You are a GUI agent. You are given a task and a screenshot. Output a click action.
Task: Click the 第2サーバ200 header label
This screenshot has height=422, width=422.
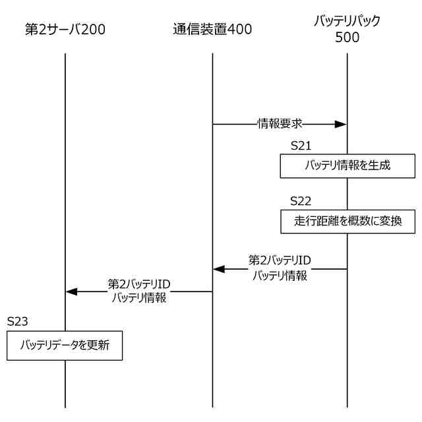tap(65, 29)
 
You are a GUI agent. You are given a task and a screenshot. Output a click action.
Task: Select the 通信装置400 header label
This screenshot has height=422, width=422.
tap(212, 29)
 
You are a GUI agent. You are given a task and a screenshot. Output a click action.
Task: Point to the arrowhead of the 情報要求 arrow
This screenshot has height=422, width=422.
tap(342, 123)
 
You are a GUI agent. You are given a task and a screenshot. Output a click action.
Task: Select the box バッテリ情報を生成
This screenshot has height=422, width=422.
tap(347, 166)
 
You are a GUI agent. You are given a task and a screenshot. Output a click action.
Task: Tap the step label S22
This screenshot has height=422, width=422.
tap(301, 200)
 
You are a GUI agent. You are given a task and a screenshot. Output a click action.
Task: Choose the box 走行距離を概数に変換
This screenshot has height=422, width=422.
tap(347, 222)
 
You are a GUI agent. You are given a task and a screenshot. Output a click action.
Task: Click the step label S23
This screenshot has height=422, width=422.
tap(18, 321)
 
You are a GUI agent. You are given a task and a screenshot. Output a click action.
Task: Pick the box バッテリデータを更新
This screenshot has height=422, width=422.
tap(65, 345)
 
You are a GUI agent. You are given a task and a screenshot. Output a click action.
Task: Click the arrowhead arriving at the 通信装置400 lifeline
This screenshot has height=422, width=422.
tap(218, 269)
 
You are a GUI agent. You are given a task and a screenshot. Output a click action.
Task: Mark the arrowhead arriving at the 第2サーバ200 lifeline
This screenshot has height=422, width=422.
tap(71, 291)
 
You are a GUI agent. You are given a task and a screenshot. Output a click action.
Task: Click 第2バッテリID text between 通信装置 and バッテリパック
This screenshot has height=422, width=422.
tap(280, 261)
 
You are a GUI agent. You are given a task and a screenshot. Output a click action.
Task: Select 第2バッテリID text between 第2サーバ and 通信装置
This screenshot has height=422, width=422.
tap(139, 284)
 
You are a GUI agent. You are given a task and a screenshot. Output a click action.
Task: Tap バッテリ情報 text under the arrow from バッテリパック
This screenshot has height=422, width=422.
tap(280, 276)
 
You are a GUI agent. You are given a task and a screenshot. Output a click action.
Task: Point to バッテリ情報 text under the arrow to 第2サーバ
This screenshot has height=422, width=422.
tap(139, 298)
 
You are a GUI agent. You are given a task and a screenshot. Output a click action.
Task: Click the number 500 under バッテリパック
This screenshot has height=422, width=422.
tap(347, 38)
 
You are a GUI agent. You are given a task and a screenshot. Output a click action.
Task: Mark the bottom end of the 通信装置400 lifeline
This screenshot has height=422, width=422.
tap(212, 406)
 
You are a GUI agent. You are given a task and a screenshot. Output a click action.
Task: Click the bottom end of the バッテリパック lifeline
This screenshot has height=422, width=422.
tap(347, 406)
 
